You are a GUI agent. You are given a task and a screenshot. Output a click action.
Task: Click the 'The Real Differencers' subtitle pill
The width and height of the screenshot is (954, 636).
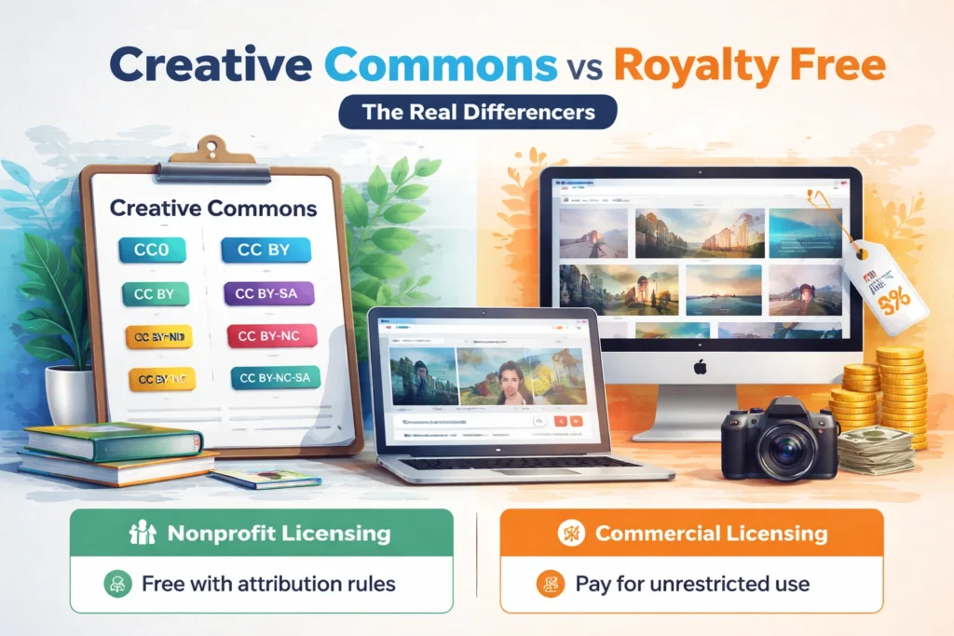476,113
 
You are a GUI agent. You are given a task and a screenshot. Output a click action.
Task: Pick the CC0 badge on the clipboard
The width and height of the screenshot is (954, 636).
154,249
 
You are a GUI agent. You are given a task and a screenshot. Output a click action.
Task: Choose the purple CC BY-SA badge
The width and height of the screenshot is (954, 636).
269,293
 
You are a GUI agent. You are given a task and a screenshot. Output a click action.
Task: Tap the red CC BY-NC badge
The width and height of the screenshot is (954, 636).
271,336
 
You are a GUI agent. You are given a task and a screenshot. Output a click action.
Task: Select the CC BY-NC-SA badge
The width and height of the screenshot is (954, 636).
274,378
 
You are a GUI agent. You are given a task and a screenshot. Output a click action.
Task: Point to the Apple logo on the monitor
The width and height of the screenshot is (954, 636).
700,367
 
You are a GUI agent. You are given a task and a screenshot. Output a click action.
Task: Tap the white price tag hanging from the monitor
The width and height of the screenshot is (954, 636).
890,284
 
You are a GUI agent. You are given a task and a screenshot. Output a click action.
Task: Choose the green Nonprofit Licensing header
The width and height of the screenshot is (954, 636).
261,535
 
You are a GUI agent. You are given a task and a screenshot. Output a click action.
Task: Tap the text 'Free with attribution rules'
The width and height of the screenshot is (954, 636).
268,585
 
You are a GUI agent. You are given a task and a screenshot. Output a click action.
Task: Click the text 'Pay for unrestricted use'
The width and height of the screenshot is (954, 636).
692,585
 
